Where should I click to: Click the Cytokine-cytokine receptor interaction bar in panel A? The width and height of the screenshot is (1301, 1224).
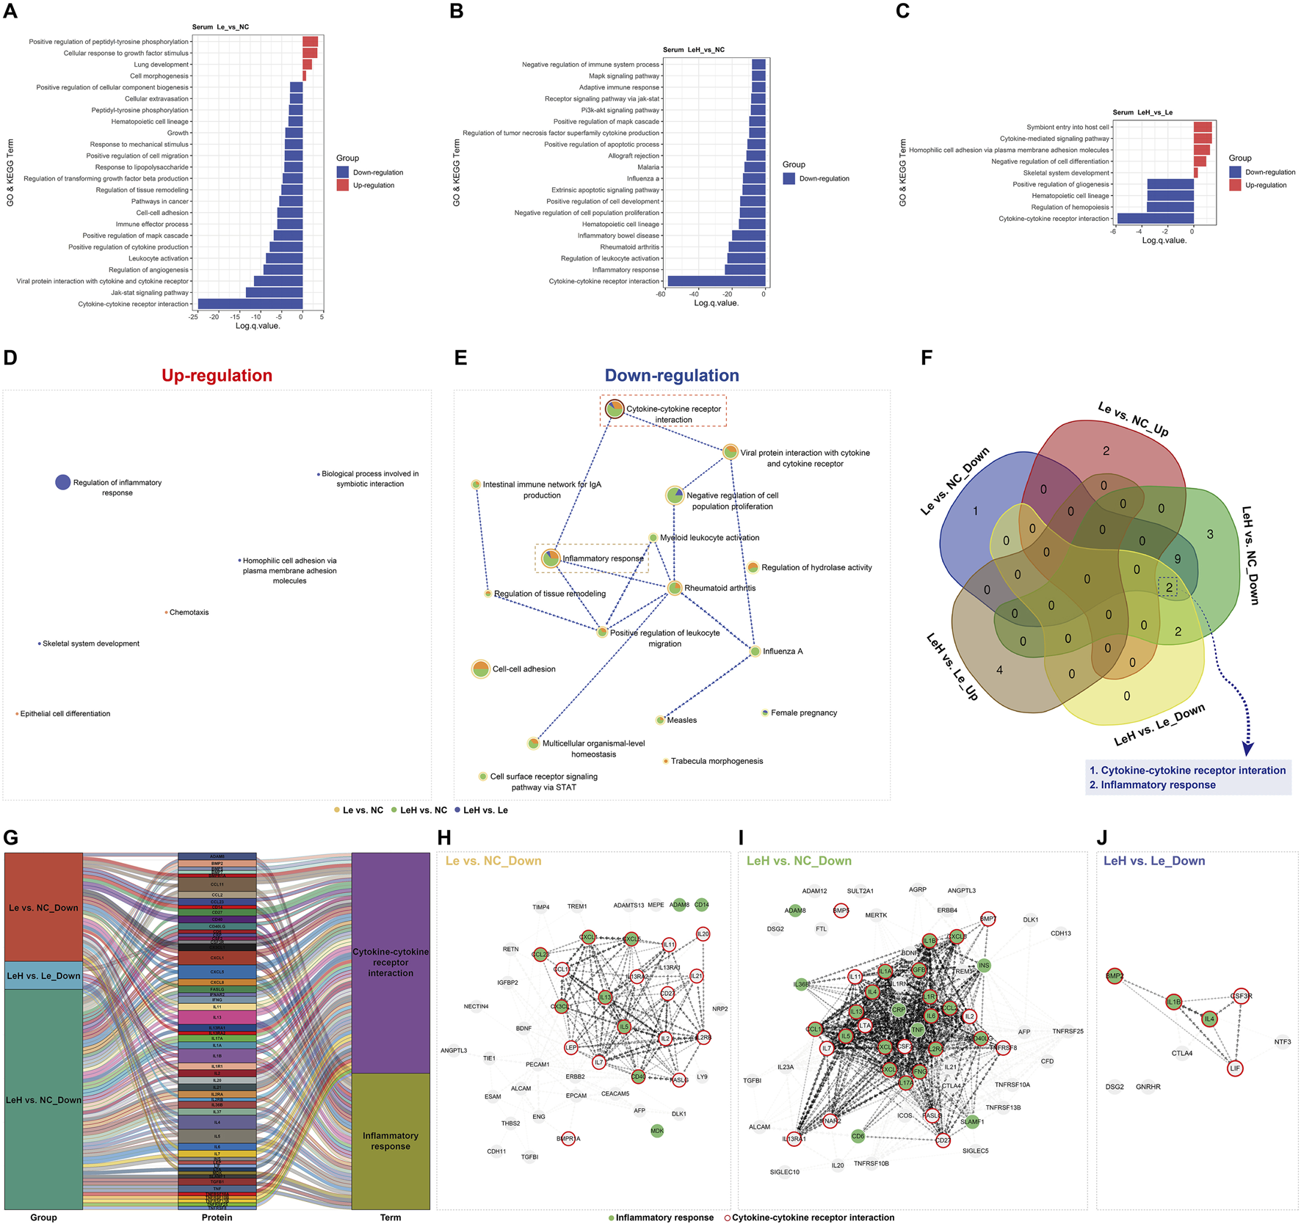pyautogui.click(x=250, y=304)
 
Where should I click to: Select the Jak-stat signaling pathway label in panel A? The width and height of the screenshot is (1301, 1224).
pyautogui.click(x=150, y=293)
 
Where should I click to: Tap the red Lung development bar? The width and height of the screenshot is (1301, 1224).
pyautogui.click(x=307, y=65)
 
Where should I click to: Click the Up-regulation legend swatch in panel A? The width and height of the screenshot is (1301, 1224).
pyautogui.click(x=343, y=186)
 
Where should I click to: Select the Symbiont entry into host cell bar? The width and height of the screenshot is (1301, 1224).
pyautogui.click(x=1202, y=127)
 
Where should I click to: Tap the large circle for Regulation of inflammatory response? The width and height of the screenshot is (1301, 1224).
pyautogui.click(x=63, y=482)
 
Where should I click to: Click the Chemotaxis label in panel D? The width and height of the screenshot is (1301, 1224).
pyautogui.click(x=189, y=612)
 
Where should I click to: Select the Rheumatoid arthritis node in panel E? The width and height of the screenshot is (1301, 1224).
pyautogui.click(x=675, y=588)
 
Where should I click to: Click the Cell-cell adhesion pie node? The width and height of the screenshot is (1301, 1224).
pyautogui.click(x=480, y=669)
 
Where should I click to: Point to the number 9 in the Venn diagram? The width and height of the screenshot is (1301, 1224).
pyautogui.click(x=1178, y=559)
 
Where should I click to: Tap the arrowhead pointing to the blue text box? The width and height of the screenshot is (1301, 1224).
pyautogui.click(x=1247, y=748)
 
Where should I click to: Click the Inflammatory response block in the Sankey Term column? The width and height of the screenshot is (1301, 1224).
pyautogui.click(x=391, y=1140)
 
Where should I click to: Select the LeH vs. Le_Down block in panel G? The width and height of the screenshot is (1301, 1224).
pyautogui.click(x=43, y=976)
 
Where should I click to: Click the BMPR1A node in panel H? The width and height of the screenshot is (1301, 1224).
pyautogui.click(x=568, y=1139)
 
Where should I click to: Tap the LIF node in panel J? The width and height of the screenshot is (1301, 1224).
pyautogui.click(x=1235, y=1068)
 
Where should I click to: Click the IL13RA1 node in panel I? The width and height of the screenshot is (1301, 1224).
pyautogui.click(x=794, y=1140)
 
